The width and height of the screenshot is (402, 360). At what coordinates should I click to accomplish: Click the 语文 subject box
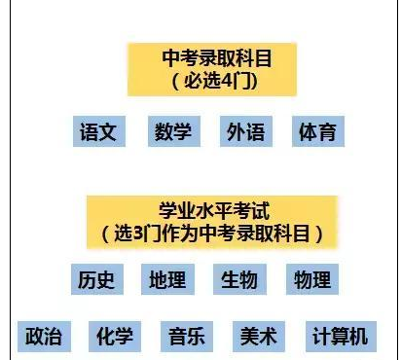tap(98, 132)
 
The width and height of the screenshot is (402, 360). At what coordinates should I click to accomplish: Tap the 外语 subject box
tap(244, 132)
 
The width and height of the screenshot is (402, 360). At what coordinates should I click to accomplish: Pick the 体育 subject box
tap(317, 132)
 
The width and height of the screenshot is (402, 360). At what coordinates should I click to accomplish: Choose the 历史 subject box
tap(96, 280)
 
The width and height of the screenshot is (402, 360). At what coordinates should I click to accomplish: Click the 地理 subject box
tap(168, 280)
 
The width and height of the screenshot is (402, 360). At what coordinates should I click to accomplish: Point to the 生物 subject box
tap(239, 280)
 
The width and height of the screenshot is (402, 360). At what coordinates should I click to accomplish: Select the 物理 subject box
tap(312, 280)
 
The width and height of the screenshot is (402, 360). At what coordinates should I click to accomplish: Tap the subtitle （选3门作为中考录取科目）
tap(211, 234)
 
